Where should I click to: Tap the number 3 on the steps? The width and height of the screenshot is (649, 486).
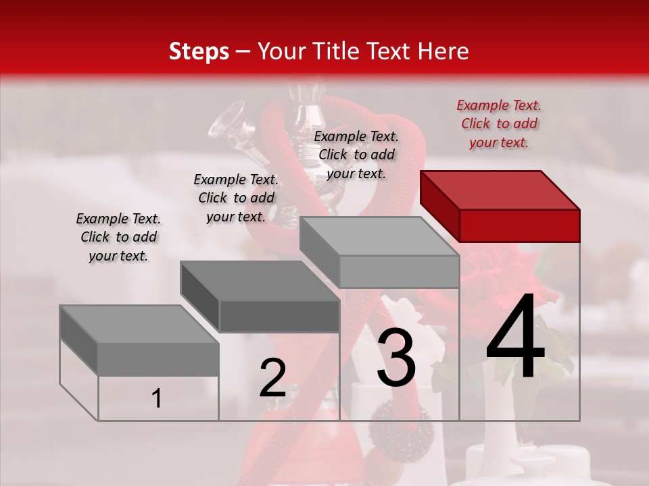395,358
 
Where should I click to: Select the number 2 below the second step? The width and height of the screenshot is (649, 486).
272,378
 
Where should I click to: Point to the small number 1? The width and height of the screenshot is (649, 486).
156,399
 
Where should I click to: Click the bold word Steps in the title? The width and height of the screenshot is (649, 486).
199,51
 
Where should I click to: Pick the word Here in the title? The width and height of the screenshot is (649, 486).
443,51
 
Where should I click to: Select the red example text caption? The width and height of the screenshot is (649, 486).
499,124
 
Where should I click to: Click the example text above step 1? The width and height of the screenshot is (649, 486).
118,237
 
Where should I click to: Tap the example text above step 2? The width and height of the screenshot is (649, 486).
236,198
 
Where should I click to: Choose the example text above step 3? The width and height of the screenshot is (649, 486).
356,155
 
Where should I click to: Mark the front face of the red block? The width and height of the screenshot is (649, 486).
519,225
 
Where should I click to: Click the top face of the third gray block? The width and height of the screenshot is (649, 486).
379,236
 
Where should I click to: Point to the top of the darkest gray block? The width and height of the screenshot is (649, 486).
259,281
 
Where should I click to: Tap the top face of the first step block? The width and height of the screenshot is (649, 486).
139,324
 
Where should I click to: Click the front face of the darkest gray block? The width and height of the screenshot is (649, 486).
279,316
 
